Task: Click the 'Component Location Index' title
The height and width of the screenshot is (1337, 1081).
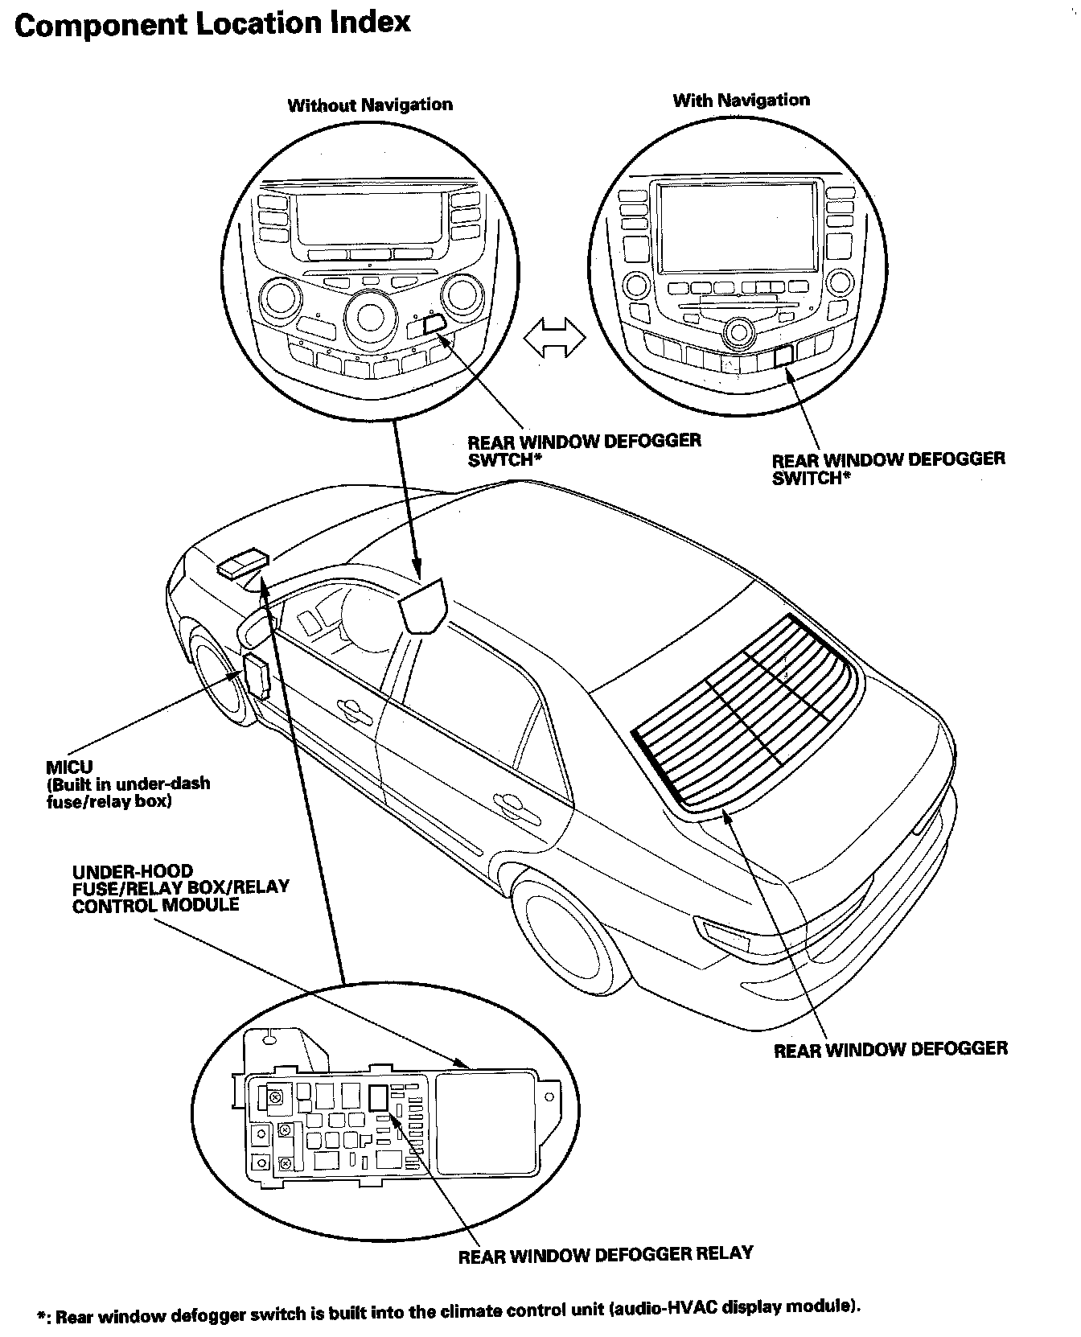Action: click(212, 23)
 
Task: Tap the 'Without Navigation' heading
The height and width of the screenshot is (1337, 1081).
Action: click(370, 105)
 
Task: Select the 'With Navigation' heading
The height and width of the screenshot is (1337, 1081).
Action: click(741, 101)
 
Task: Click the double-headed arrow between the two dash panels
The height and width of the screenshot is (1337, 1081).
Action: click(555, 337)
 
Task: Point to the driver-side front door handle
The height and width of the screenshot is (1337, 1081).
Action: click(350, 708)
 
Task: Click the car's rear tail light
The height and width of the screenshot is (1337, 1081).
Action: click(725, 932)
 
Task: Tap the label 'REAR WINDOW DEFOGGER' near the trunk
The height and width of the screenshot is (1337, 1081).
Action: click(890, 1049)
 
